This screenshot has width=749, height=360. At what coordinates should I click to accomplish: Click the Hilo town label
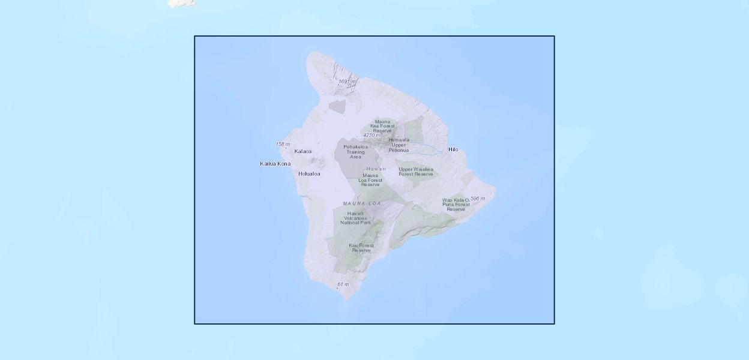coord(453,149)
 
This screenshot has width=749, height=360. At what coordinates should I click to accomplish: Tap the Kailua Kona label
coord(275,164)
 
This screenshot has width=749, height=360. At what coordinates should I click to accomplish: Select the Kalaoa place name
coord(303,151)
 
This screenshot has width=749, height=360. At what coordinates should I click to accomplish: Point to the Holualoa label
coord(309,174)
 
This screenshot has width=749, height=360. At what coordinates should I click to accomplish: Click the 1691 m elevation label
coord(347,82)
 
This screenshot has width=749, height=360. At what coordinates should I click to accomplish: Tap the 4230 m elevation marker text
coord(371,136)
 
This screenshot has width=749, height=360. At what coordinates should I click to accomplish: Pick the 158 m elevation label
coord(283,145)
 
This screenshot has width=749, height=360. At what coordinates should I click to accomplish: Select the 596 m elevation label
coord(478,199)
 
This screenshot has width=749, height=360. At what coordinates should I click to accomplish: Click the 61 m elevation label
coord(343,284)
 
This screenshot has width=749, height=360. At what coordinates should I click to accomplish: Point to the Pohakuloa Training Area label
coord(355,152)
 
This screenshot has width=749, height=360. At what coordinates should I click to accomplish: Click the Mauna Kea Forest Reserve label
coord(382,126)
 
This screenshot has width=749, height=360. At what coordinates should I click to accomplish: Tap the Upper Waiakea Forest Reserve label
coord(416,172)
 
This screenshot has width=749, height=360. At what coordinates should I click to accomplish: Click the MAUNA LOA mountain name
coord(362,204)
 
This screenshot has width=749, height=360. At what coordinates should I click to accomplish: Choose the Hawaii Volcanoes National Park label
coord(355,218)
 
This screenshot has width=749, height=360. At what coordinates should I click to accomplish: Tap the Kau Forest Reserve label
coord(361,248)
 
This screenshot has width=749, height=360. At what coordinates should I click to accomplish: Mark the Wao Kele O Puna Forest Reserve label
coord(456,205)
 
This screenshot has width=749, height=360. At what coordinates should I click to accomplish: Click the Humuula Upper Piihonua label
coord(399,145)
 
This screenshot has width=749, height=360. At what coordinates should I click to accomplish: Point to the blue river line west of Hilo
coord(426,146)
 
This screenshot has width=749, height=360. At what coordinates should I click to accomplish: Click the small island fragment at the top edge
coord(181,3)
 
